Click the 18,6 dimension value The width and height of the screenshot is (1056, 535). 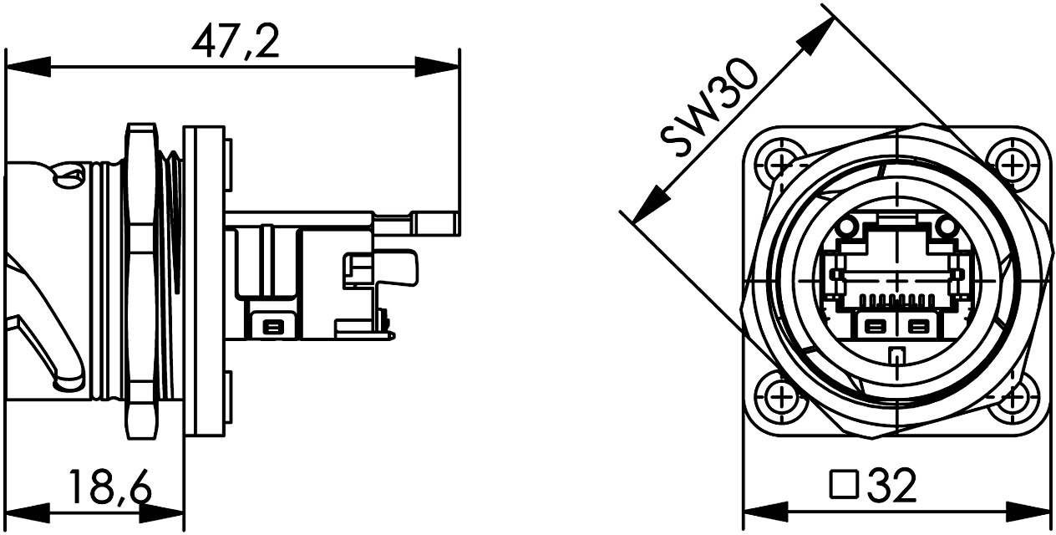tap(109, 487)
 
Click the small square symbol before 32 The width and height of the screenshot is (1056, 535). tap(845, 484)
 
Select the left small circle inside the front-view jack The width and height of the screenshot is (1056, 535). tap(846, 227)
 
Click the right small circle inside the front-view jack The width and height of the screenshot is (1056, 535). tap(945, 227)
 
